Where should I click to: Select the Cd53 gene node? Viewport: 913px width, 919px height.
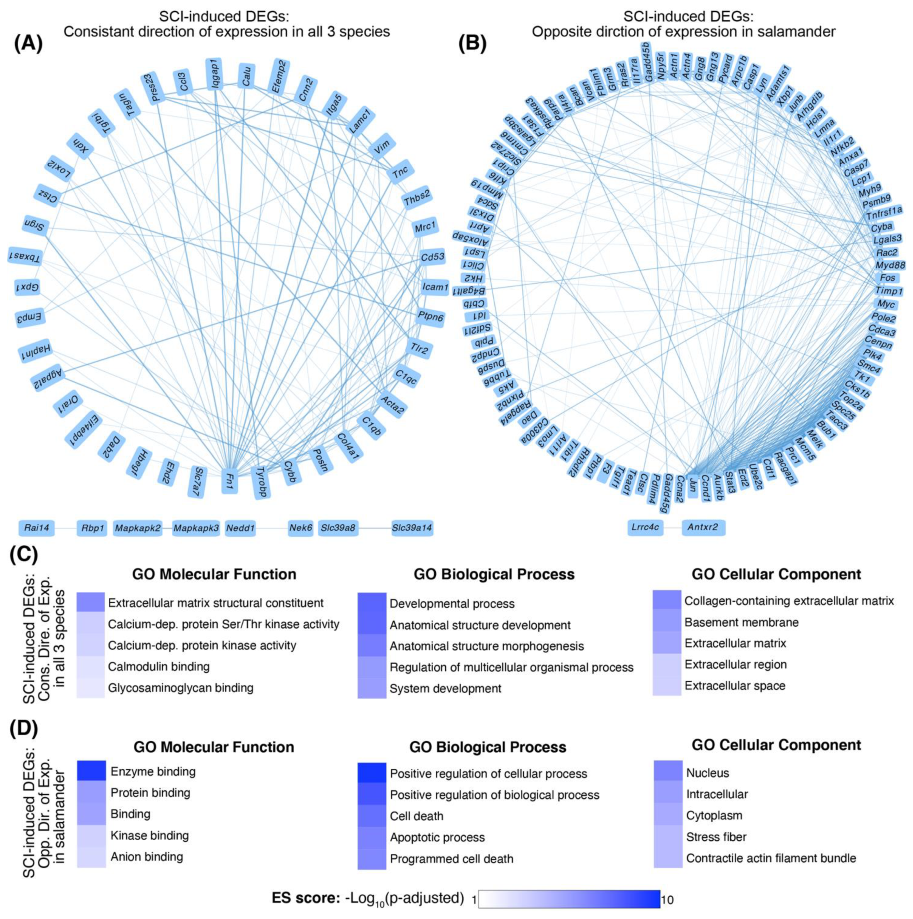pos(433,257)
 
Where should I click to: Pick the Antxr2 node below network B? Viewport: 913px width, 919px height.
pos(703,527)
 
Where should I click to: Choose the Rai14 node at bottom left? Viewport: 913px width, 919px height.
pos(37,527)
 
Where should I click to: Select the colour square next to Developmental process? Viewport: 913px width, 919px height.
pos(372,603)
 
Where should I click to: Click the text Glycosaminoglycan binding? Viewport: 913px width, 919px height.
pos(180,687)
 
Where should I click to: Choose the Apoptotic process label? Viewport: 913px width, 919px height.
pos(437,837)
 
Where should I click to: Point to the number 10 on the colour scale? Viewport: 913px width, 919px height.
pos(667,899)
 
